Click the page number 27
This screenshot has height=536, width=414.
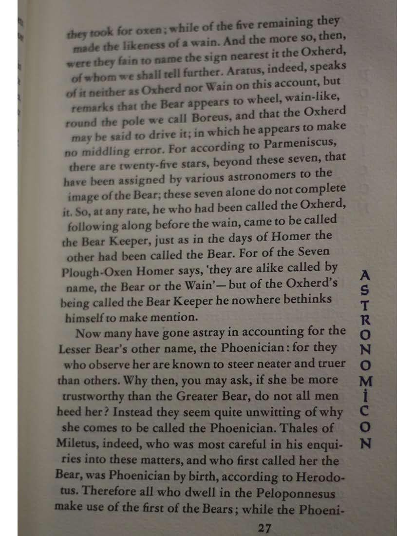click(264, 528)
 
